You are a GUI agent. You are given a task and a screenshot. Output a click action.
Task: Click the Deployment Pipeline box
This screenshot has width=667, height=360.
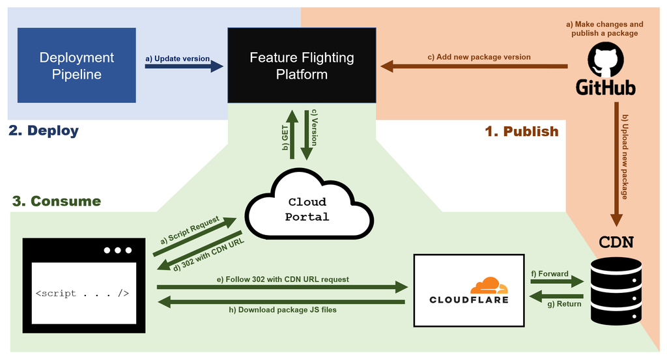click(x=76, y=65)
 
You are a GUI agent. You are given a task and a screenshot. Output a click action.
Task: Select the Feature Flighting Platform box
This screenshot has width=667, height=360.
click(x=302, y=65)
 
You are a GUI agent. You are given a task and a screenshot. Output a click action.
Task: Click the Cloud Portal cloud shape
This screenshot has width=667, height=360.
click(x=307, y=209)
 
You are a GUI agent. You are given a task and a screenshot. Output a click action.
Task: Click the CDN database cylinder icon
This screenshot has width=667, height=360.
click(x=615, y=290)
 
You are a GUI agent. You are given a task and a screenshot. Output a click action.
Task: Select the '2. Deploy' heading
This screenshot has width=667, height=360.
click(x=44, y=130)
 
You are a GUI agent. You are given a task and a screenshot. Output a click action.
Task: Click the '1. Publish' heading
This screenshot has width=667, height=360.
click(x=522, y=131)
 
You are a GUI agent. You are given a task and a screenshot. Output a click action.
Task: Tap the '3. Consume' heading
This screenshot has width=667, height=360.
click(x=57, y=201)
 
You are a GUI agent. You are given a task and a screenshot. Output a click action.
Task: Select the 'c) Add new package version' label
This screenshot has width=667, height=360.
click(x=479, y=57)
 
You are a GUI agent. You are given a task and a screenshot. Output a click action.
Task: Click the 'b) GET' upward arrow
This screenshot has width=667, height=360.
click(x=292, y=135)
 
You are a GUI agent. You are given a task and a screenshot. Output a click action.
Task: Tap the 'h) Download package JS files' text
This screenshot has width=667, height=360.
click(x=282, y=310)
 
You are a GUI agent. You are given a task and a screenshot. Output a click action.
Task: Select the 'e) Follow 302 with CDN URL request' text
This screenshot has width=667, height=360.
click(x=282, y=279)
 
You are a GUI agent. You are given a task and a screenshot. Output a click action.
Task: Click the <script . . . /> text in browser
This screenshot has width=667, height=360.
click(x=82, y=293)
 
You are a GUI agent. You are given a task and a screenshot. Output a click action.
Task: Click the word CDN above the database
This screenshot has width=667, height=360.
click(x=616, y=243)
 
